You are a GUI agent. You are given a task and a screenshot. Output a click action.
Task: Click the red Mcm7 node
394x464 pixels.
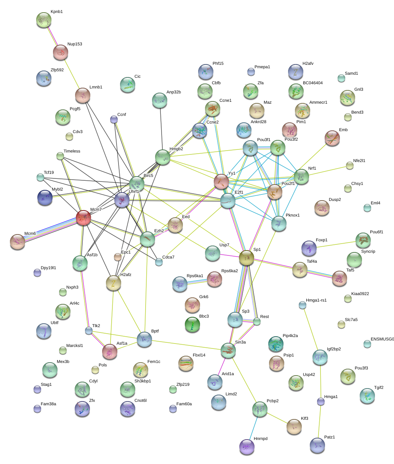click(83, 218)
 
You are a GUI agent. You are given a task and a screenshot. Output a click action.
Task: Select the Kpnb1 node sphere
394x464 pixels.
click(44, 19)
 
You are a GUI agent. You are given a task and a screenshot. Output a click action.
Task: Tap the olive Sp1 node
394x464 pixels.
click(247, 258)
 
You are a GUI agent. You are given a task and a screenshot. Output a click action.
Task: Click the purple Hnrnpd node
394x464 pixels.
click(247, 446)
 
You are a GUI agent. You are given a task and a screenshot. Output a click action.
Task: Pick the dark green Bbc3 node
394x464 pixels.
click(192, 324)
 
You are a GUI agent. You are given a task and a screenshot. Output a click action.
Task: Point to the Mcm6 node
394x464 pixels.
click(18, 242)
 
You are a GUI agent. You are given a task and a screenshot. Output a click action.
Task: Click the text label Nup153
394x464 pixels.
click(75, 44)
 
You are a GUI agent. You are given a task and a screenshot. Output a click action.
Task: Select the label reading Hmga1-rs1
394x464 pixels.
click(316, 300)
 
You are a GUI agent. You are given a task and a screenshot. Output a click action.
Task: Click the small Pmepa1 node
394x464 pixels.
click(251, 71)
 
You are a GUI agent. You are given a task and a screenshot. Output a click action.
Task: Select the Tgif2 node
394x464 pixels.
click(367, 396)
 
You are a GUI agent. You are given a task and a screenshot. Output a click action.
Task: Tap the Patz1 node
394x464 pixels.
click(317, 445)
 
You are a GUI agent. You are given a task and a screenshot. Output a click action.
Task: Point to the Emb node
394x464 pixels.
click(332, 138)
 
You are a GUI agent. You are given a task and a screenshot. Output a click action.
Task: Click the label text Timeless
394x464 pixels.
click(72, 151)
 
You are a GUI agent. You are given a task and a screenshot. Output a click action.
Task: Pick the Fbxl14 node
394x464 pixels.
click(186, 363)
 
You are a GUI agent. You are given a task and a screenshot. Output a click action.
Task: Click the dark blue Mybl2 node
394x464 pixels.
click(45, 197)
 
